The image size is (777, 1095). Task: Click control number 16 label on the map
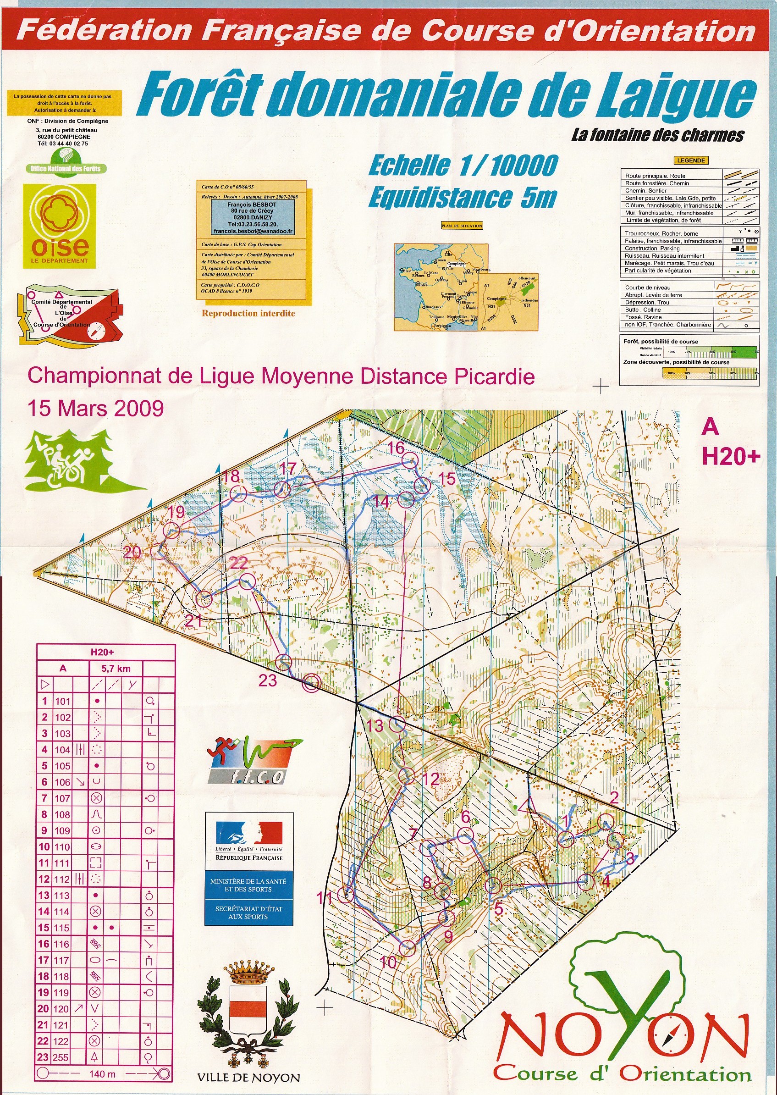(396, 448)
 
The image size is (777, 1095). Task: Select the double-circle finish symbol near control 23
(311, 683)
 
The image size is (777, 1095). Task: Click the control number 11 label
(324, 898)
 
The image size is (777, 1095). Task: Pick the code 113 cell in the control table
(62, 896)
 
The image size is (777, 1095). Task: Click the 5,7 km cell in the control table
(116, 669)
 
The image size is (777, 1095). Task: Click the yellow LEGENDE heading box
(691, 160)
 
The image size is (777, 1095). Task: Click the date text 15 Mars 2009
(96, 408)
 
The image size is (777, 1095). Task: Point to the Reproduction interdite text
(248, 314)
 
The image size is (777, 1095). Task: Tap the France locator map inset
(441, 287)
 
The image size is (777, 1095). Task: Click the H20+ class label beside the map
(731, 457)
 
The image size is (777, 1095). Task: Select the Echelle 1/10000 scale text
(463, 166)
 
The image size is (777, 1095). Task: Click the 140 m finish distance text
(102, 1073)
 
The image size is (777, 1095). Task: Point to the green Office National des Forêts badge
(66, 163)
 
